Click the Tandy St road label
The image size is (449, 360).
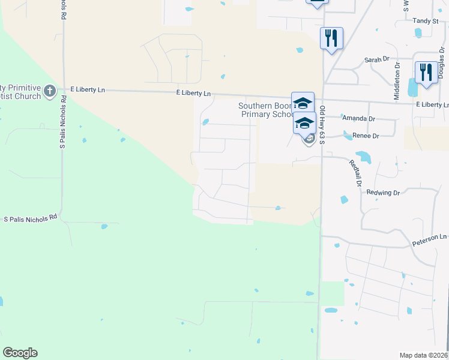[x=426, y=20]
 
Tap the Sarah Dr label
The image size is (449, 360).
[x=378, y=60]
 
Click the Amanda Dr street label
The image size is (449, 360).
[x=358, y=119]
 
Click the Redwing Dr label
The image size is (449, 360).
[x=383, y=193]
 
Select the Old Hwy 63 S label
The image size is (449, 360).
[x=322, y=125]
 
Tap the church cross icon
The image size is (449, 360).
[x=50, y=91]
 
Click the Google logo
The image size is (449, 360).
[x=20, y=353]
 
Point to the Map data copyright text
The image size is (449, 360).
[x=423, y=355]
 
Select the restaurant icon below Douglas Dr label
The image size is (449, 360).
[x=426, y=72]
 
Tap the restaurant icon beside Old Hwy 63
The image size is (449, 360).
[x=331, y=38]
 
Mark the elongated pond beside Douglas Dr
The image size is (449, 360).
[x=412, y=88]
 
